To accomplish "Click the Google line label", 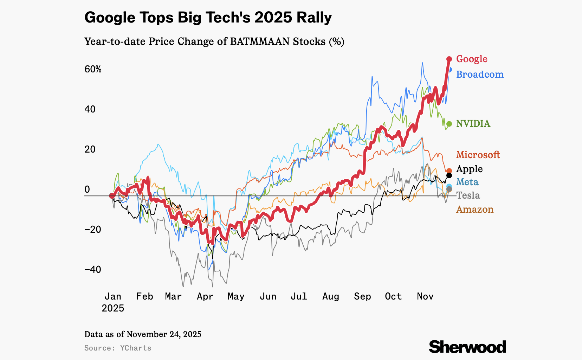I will [472, 59].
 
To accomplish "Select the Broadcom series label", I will [480, 75].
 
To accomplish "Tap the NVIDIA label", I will [473, 124].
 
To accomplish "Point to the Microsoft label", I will [478, 155].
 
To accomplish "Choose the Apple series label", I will [469, 169].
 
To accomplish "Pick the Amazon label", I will [475, 210].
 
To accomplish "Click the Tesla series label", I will [468, 195].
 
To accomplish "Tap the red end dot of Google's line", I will [449, 59].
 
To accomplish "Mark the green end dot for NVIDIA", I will [449, 124].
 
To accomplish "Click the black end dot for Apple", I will [449, 175].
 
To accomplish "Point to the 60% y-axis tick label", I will [93, 69].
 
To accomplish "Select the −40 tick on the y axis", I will [93, 270].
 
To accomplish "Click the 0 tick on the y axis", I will [88, 189].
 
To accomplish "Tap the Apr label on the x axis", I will [205, 296].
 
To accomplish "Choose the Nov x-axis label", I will [425, 296].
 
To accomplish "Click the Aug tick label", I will [331, 296].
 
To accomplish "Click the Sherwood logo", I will [467, 347].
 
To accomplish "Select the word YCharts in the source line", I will [136, 348].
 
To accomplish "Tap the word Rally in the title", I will [314, 18].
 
